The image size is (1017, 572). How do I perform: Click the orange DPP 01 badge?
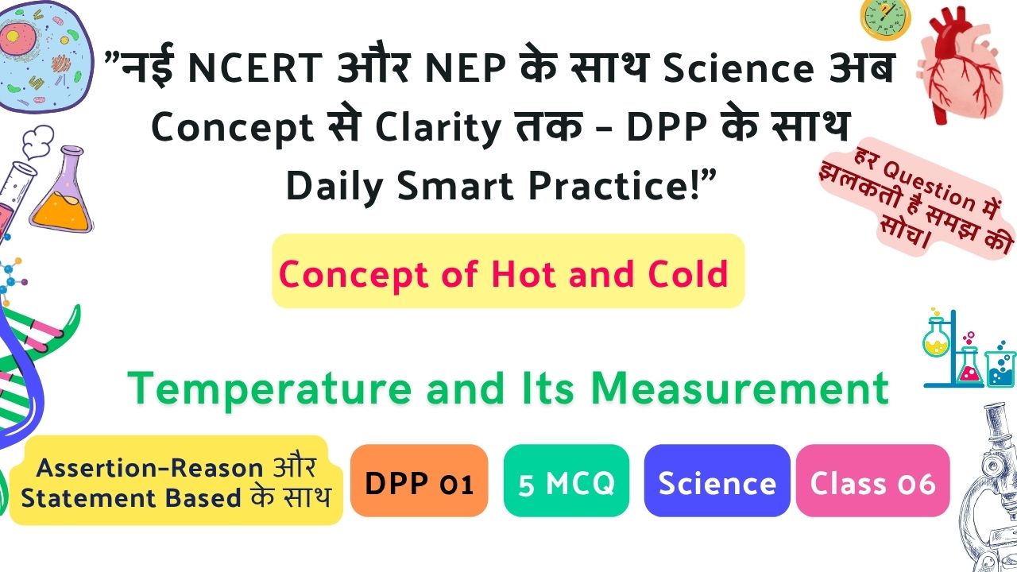(x=419, y=481)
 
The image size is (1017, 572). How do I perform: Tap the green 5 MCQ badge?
(x=567, y=481)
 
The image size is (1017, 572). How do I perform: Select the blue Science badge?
(x=717, y=481)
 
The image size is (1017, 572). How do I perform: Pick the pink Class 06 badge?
(x=872, y=481)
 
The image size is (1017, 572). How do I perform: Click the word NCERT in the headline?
(x=255, y=68)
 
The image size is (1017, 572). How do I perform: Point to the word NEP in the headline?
(x=466, y=68)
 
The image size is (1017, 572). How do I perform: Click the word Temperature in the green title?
(x=269, y=389)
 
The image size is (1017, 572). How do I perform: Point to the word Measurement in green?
(x=740, y=388)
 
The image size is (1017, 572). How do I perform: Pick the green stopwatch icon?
(x=885, y=19)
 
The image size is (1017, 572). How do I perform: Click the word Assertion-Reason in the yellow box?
(x=149, y=468)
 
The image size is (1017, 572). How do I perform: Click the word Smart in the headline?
(x=455, y=186)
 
